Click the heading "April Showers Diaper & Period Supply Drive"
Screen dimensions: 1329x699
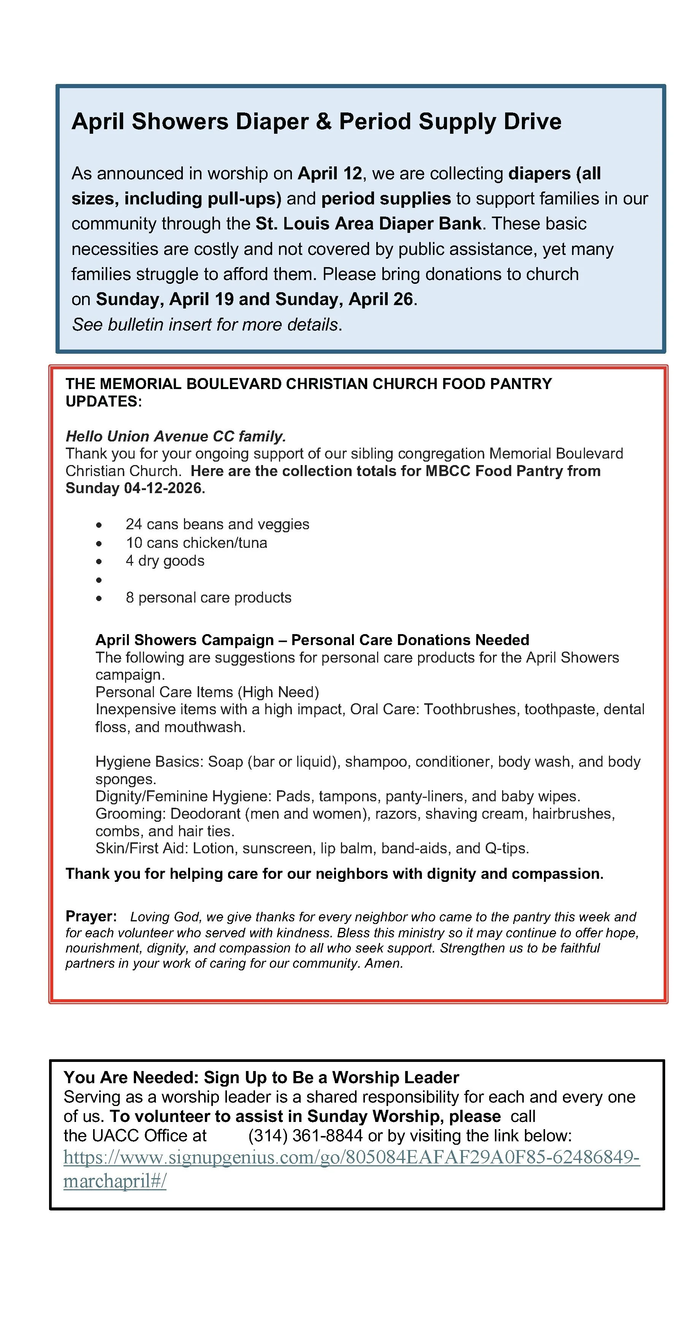pos(316,122)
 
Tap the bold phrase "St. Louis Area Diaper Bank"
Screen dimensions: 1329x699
pos(368,223)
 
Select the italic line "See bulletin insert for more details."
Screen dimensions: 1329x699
pos(206,324)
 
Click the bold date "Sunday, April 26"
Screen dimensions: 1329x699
pos(344,299)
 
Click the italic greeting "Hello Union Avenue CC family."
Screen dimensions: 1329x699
pos(176,437)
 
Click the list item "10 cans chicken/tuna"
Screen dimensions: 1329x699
pos(196,543)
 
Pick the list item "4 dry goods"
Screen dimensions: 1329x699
pos(165,561)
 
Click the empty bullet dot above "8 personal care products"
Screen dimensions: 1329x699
pos(98,580)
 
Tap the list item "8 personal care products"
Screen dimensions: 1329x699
pos(208,597)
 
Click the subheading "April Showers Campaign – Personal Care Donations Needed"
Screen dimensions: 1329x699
pos(312,640)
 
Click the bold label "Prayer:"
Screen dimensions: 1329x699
pos(91,916)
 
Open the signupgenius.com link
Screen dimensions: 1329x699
pos(351,1157)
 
